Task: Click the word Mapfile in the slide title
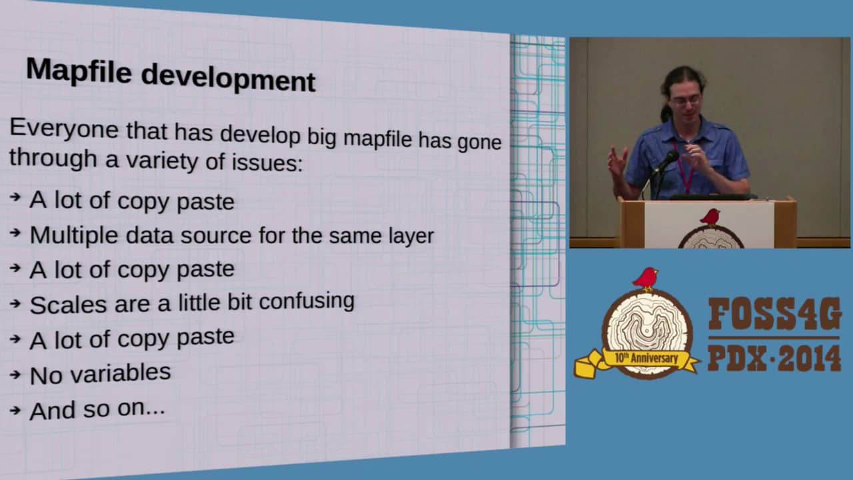pyautogui.click(x=79, y=71)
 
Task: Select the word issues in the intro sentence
pyautogui.click(x=267, y=162)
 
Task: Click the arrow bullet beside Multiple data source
pyautogui.click(x=15, y=232)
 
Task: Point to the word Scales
pyautogui.click(x=69, y=305)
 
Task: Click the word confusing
pyautogui.click(x=307, y=301)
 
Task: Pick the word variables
pyautogui.click(x=121, y=373)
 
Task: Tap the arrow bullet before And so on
pyautogui.click(x=15, y=410)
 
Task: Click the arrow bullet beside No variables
pyautogui.click(x=15, y=375)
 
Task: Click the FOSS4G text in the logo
pyautogui.click(x=774, y=314)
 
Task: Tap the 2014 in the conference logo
pyautogui.click(x=809, y=359)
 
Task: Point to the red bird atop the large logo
pyautogui.click(x=645, y=279)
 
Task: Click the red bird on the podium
pyautogui.click(x=710, y=217)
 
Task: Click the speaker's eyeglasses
pyautogui.click(x=686, y=101)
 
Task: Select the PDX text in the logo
pyautogui.click(x=737, y=359)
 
